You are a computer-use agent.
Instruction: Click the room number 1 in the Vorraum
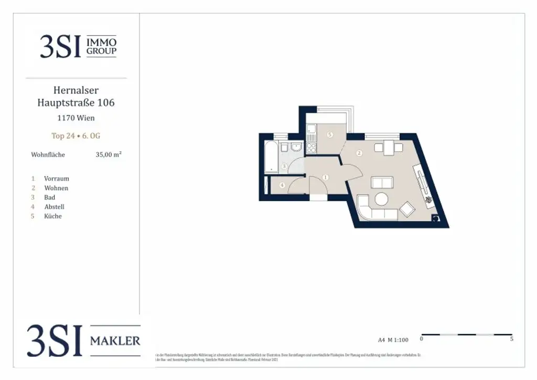pyautogui.click(x=326, y=177)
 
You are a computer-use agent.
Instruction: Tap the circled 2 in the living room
pyautogui.click(x=359, y=153)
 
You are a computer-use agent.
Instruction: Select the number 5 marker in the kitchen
pyautogui.click(x=329, y=135)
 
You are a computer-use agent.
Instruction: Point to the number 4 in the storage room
pyautogui.click(x=282, y=185)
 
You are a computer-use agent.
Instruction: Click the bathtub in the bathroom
pyautogui.click(x=271, y=156)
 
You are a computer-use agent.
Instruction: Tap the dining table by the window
pyautogui.click(x=389, y=147)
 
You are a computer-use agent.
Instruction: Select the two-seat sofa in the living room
pyautogui.click(x=382, y=183)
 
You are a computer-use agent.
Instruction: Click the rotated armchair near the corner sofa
pyautogui.click(x=407, y=209)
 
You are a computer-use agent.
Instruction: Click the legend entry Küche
pyautogui.click(x=53, y=216)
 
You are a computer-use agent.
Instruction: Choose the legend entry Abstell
pyautogui.click(x=54, y=207)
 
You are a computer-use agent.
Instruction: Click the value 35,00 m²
pyautogui.click(x=109, y=155)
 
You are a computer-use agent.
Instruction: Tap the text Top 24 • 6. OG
pyautogui.click(x=76, y=136)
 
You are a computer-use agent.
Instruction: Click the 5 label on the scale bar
pyautogui.click(x=511, y=339)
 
